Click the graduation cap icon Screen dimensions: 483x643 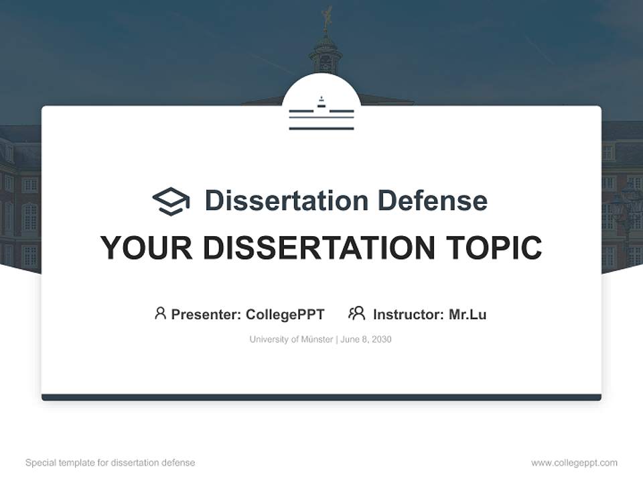171,201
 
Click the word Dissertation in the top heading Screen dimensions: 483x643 287,201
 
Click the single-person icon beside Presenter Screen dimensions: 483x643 160,313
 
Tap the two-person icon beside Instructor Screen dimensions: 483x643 357,313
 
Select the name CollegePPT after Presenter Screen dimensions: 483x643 285,315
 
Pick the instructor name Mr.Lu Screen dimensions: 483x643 468,315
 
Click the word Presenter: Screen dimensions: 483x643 206,315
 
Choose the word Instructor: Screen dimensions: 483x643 409,315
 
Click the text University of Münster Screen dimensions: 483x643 291,339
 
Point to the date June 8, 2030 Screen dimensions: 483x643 366,339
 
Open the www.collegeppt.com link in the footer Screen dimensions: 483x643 574,463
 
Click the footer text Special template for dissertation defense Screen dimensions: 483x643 111,463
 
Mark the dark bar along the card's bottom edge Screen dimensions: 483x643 321,397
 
